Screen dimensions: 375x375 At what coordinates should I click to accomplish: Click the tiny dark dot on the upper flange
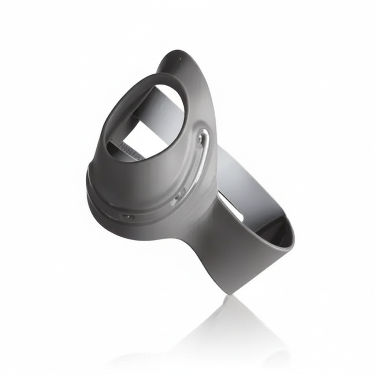pos(180,58)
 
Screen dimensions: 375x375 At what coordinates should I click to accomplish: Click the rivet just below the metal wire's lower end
pos(180,194)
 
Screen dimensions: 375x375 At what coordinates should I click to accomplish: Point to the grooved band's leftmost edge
pos(88,190)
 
